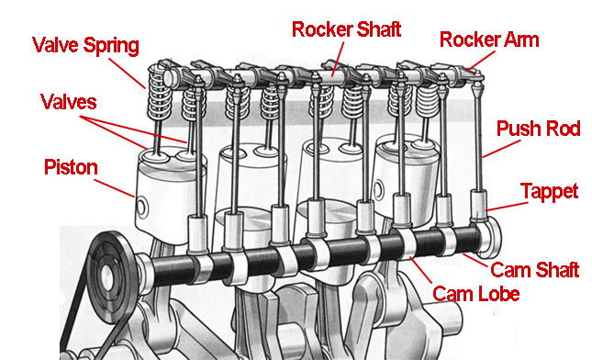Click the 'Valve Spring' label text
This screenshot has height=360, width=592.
coord(85,46)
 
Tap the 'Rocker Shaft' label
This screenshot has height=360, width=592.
coord(346,29)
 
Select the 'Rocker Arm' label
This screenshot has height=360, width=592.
coord(489,39)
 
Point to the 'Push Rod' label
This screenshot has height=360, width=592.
coord(538,129)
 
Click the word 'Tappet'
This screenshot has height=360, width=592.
coord(550,192)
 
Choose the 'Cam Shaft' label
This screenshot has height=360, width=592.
coord(534,270)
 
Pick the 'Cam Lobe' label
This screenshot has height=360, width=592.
coord(476,294)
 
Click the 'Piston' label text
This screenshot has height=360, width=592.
coord(71,167)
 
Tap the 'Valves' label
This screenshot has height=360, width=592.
coord(68,102)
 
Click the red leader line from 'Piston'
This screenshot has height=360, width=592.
coord(114,188)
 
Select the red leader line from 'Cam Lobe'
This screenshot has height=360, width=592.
coord(420,270)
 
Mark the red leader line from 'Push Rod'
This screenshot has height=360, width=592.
coord(501,149)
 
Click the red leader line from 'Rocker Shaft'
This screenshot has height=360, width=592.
coord(338,59)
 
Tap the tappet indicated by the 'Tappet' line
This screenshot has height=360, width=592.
coord(478,206)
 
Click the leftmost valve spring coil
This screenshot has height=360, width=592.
coord(160,92)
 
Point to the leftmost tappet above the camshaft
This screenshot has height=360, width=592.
coord(198,234)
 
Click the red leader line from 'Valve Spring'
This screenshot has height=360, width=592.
coord(128,73)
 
